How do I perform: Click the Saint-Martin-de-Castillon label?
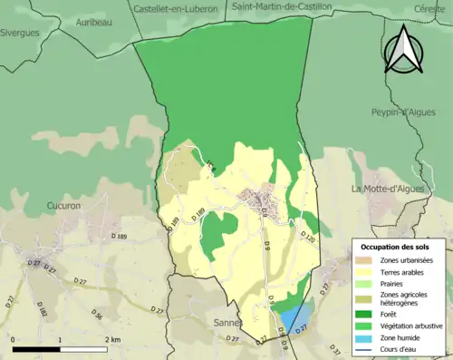(x=282, y=7)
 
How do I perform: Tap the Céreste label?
(x=429, y=7)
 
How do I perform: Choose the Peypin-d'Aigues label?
(x=404, y=112)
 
